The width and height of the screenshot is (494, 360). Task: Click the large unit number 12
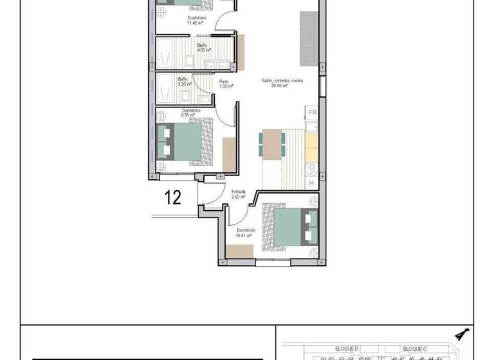pos(172,197)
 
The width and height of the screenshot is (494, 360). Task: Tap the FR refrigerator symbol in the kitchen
pos(313,113)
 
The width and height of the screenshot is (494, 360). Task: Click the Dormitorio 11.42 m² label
pos(195,20)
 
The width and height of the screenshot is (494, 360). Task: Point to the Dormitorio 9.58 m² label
pos(192,113)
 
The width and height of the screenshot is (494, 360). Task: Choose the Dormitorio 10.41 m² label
pos(246,233)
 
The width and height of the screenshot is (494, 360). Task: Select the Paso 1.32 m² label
pos(224,84)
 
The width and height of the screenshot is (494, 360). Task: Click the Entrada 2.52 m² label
pos(238,194)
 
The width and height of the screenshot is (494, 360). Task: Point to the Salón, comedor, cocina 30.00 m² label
pos(281,83)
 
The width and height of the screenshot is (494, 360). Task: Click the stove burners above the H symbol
pos(312,170)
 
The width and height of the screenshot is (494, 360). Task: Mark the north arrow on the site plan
pos(461,334)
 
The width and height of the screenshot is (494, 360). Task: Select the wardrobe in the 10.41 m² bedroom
pos(240,252)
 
